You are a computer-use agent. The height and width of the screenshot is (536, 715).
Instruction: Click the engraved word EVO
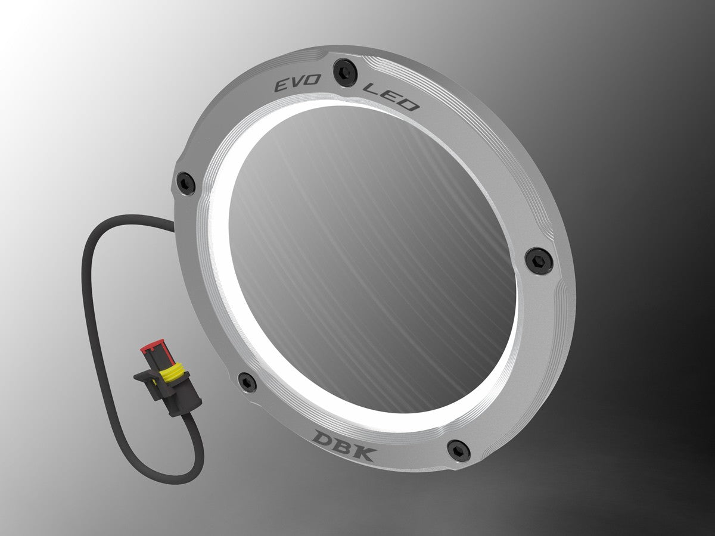click(292, 85)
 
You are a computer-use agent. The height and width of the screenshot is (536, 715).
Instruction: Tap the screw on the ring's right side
click(538, 258)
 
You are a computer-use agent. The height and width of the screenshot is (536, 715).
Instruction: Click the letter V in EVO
click(292, 85)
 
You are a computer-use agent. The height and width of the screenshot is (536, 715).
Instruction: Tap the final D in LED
click(409, 105)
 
